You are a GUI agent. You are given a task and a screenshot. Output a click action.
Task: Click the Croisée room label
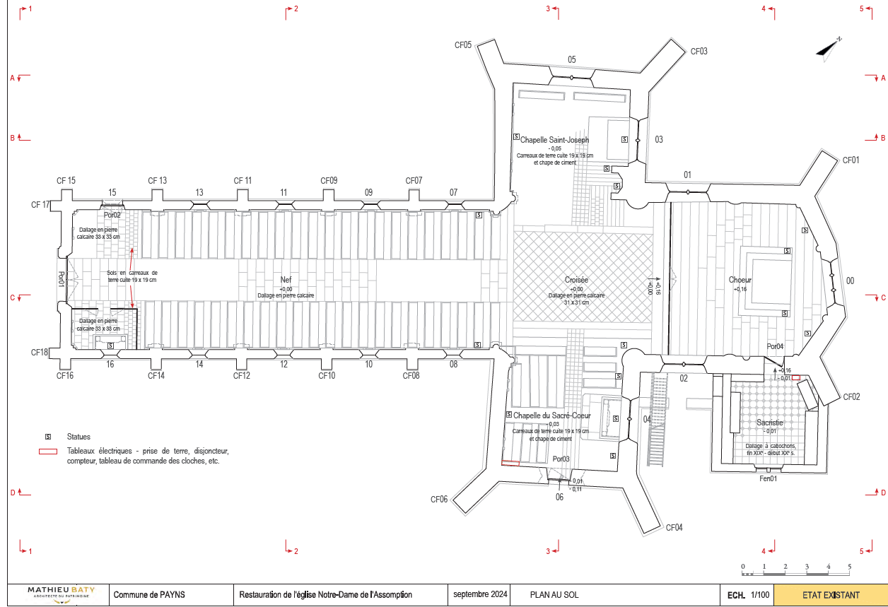(576, 280)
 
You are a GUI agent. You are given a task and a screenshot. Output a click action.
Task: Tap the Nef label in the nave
(286, 280)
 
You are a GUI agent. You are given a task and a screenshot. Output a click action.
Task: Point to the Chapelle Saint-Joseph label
(555, 140)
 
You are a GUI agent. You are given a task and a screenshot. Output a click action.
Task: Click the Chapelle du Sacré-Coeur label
(552, 416)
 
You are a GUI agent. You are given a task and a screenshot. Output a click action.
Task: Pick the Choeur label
(740, 281)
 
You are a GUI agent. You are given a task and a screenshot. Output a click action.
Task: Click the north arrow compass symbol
(828, 49)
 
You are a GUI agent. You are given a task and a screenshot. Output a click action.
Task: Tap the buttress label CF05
(463, 45)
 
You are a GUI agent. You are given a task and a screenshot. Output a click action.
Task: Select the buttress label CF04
(674, 528)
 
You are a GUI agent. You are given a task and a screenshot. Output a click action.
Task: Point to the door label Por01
(61, 280)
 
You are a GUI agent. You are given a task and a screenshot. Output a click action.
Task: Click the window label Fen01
(768, 478)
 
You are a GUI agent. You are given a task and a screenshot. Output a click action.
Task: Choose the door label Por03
(561, 459)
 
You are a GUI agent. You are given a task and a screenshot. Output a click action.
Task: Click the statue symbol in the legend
(49, 437)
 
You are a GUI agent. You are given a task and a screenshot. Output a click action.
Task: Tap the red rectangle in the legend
(48, 451)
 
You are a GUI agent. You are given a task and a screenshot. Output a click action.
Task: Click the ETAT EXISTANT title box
(831, 595)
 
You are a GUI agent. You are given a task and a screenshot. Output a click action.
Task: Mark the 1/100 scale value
(760, 595)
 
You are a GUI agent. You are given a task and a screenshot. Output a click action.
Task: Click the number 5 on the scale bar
(849, 567)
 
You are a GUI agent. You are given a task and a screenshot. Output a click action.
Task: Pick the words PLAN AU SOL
(554, 595)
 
